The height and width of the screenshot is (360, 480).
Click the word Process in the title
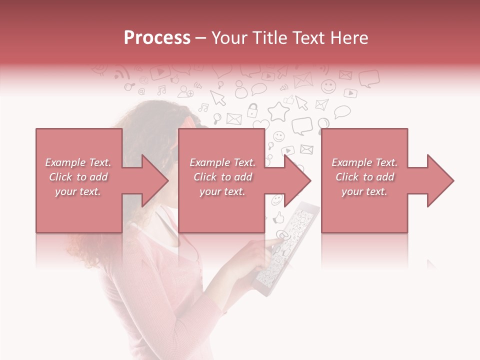tap(157, 38)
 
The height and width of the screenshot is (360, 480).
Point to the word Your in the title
tap(229, 38)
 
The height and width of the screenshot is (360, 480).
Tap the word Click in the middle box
tap(204, 177)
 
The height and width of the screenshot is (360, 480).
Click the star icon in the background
tap(278, 110)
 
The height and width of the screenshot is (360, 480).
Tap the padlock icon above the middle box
tap(253, 109)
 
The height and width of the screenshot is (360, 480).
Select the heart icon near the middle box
tap(260, 124)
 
